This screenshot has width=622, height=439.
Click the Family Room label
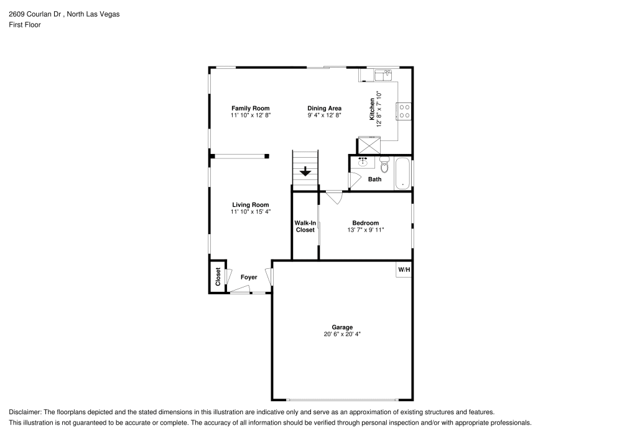tap(251, 108)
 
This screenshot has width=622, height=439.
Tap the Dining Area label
tap(324, 108)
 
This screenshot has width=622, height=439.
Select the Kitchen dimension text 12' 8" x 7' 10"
tap(378, 109)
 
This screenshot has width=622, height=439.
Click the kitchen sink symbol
tap(382, 75)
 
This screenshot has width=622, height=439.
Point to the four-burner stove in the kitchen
tap(404, 111)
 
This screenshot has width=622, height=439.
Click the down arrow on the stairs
tap(305, 171)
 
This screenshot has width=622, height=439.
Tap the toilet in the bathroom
tap(384, 166)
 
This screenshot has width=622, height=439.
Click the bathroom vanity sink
tap(363, 163)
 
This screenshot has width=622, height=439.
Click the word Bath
tap(374, 179)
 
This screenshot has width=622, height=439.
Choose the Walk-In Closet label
tap(305, 226)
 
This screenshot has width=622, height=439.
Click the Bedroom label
tap(365, 223)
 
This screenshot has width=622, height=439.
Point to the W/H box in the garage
tap(404, 269)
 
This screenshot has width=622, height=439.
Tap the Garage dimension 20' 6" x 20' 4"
tap(342, 334)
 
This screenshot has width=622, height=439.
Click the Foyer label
tap(249, 277)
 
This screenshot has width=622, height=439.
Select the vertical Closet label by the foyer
tap(218, 276)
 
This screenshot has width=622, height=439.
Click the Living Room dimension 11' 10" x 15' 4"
tap(251, 212)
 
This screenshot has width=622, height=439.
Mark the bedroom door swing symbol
tap(334, 197)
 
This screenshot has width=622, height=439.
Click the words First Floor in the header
tap(24, 24)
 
